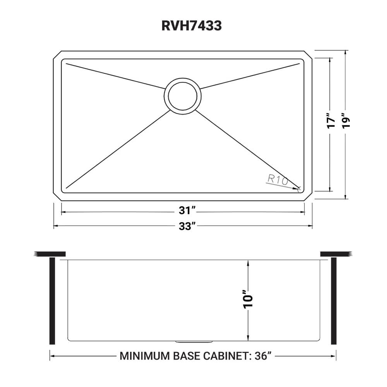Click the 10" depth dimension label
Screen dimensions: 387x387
(248, 298)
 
